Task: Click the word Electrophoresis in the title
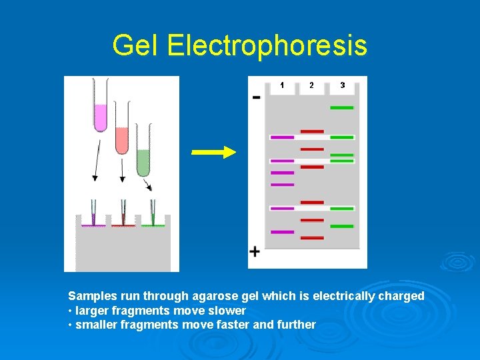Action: pyautogui.click(x=267, y=45)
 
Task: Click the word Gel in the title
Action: pyautogui.click(x=136, y=45)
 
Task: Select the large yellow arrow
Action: pyautogui.click(x=213, y=153)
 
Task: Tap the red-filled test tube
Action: pyautogui.click(x=122, y=130)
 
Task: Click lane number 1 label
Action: pyautogui.click(x=282, y=85)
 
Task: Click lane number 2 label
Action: pyautogui.click(x=311, y=85)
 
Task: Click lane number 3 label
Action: pyautogui.click(x=342, y=85)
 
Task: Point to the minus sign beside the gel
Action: pyautogui.click(x=257, y=97)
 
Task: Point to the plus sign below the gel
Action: pyautogui.click(x=255, y=251)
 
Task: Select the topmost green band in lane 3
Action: pyautogui.click(x=342, y=107)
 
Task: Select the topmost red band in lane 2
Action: pyautogui.click(x=312, y=131)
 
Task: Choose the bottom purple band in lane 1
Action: pyautogui.click(x=282, y=232)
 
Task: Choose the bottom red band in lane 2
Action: pyautogui.click(x=312, y=237)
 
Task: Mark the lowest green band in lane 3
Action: pyautogui.click(x=342, y=226)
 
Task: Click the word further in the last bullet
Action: pyautogui.click(x=296, y=325)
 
